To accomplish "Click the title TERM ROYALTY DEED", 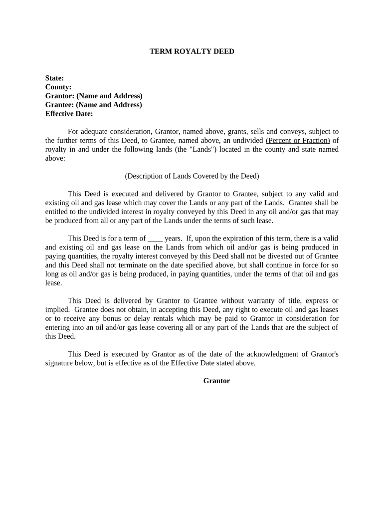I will click(192, 51).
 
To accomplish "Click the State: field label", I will click(54, 78).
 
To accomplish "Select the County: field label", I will click(58, 87).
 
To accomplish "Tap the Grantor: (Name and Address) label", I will click(94, 96).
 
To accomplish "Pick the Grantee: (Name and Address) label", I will click(94, 105).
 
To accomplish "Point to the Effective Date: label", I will click(69, 114).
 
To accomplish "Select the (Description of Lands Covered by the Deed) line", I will click(192, 176).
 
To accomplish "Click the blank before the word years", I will click(155, 239).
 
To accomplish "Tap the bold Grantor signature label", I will click(216, 381).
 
